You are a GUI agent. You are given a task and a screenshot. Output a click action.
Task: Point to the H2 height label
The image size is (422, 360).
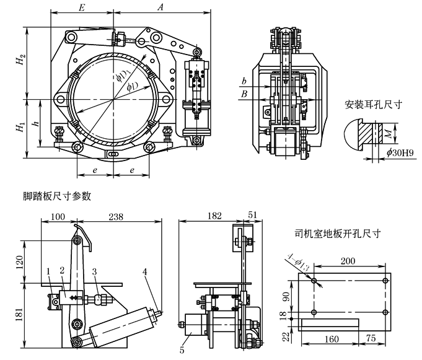21,61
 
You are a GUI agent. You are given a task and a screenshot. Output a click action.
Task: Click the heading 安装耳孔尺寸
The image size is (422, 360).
373,105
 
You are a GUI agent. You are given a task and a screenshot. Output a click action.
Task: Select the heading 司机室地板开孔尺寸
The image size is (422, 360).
337,234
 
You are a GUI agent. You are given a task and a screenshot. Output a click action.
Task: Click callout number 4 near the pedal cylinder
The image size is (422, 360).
145,271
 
